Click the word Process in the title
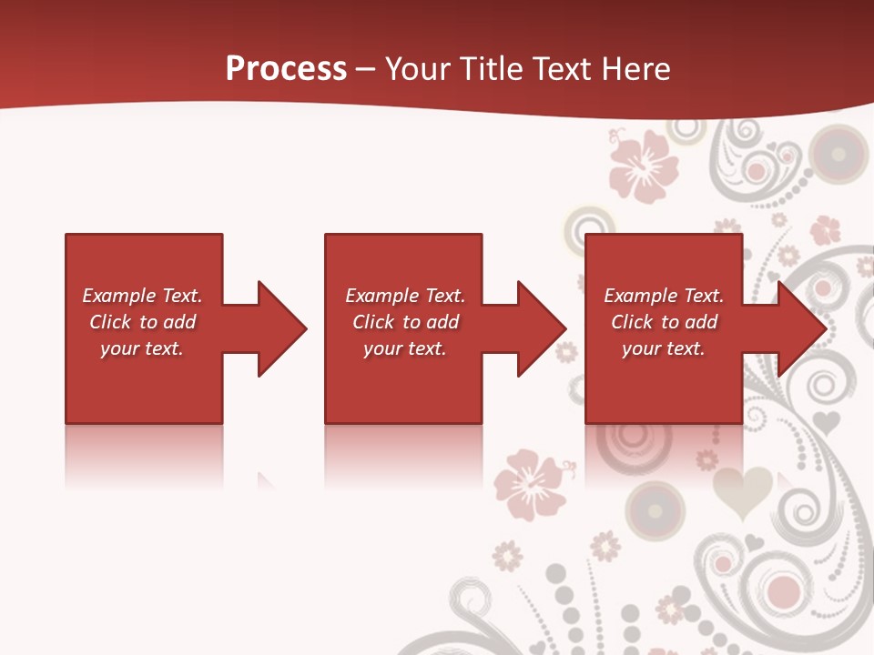point(286,69)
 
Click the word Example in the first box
point(119,296)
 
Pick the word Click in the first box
point(111,322)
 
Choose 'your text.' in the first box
point(142,348)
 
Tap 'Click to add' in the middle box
point(405,322)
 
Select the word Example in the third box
point(641,296)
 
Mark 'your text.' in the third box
point(663,348)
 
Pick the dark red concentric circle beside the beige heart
point(655,506)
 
